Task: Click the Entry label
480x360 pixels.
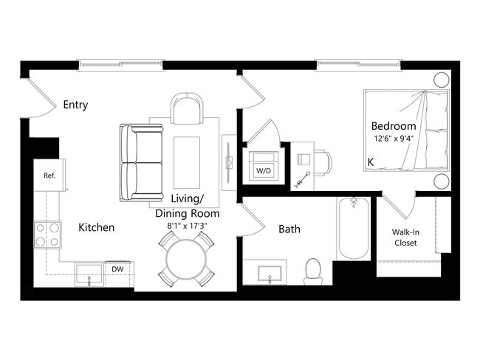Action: click(x=75, y=105)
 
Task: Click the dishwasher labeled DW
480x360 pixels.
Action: click(x=117, y=270)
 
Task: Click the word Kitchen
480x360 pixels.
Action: click(x=97, y=227)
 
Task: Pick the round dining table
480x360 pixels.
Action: click(x=185, y=260)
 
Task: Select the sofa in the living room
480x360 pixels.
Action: click(x=141, y=162)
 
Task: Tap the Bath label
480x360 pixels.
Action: click(x=289, y=229)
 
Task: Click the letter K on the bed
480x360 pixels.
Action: click(x=371, y=160)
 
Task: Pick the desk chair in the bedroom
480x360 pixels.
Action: click(x=325, y=160)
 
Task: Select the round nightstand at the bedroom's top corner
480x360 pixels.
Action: click(x=442, y=80)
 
